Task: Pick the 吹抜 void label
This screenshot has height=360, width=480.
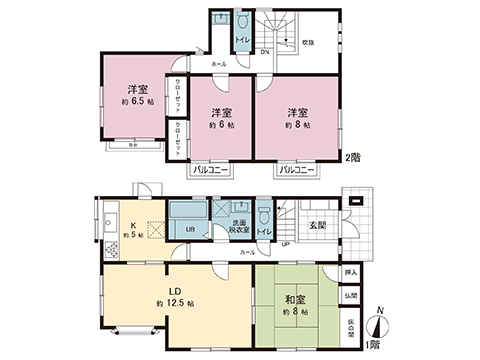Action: [x=311, y=43]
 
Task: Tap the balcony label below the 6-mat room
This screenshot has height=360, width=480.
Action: [x=208, y=170]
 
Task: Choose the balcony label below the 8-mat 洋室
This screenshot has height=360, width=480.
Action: [x=297, y=170]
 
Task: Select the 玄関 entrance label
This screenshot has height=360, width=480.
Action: [x=318, y=224]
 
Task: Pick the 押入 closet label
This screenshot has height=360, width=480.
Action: [x=351, y=271]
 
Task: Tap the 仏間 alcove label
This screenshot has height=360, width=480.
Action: [x=351, y=297]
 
